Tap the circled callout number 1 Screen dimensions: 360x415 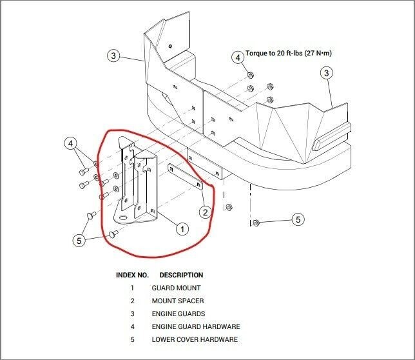182,228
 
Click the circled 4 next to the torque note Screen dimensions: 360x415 237,57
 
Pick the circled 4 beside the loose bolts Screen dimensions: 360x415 71,143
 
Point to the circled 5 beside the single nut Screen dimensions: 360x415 298,220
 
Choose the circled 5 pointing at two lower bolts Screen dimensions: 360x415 79,240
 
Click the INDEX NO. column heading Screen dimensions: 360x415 132,275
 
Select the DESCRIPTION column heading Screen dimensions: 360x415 181,275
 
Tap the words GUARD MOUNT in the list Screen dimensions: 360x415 176,288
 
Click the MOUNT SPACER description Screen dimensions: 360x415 177,301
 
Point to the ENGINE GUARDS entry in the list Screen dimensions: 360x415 179,314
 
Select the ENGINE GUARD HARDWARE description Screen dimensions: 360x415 195,326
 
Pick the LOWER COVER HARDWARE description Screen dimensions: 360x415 195,339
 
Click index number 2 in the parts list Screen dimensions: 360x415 132,301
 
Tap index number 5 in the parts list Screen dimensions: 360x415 132,339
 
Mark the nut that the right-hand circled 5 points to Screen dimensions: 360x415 256,223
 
